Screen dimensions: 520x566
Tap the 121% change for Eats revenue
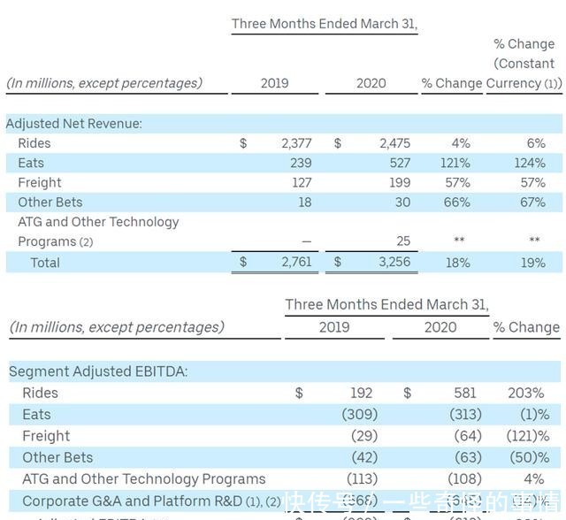click(x=455, y=163)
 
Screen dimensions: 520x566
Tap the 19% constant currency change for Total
click(x=533, y=263)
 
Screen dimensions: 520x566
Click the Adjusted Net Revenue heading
click(x=73, y=124)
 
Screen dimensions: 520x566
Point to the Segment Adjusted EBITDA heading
click(x=98, y=371)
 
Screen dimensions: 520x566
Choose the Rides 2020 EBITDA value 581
click(x=465, y=393)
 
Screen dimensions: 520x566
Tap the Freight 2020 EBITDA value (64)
click(x=465, y=436)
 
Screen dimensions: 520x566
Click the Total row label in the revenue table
click(x=45, y=263)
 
